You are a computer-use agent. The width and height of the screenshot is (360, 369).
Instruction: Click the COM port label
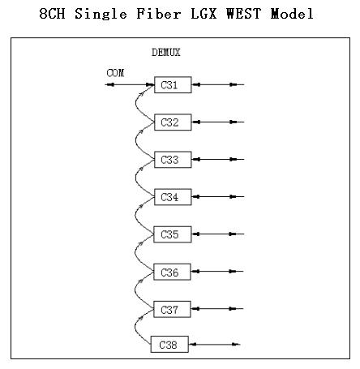click(x=115, y=73)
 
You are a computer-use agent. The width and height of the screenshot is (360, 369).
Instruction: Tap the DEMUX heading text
click(x=166, y=52)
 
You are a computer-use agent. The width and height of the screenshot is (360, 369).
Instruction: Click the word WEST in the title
click(x=244, y=14)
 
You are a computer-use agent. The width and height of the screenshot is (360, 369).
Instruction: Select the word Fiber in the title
click(x=159, y=14)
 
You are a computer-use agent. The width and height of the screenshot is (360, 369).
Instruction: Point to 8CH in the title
click(x=52, y=14)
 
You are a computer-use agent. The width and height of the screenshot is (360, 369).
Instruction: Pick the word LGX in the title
click(x=204, y=14)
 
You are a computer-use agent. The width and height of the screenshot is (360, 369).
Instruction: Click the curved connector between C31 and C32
click(x=135, y=104)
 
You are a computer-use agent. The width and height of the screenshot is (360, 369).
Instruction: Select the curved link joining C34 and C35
click(x=135, y=216)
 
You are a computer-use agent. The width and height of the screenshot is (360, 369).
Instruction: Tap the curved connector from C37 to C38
click(x=135, y=327)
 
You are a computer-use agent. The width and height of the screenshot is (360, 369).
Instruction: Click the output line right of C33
click(x=218, y=160)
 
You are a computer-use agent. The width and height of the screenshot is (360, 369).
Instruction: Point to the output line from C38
click(x=214, y=345)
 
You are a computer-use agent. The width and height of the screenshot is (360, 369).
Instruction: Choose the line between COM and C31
click(x=130, y=84)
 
